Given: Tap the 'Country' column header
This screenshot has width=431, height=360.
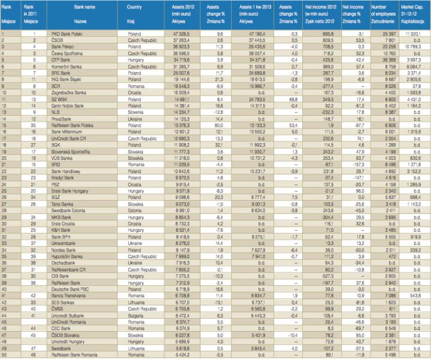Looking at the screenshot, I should [x=134, y=10].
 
